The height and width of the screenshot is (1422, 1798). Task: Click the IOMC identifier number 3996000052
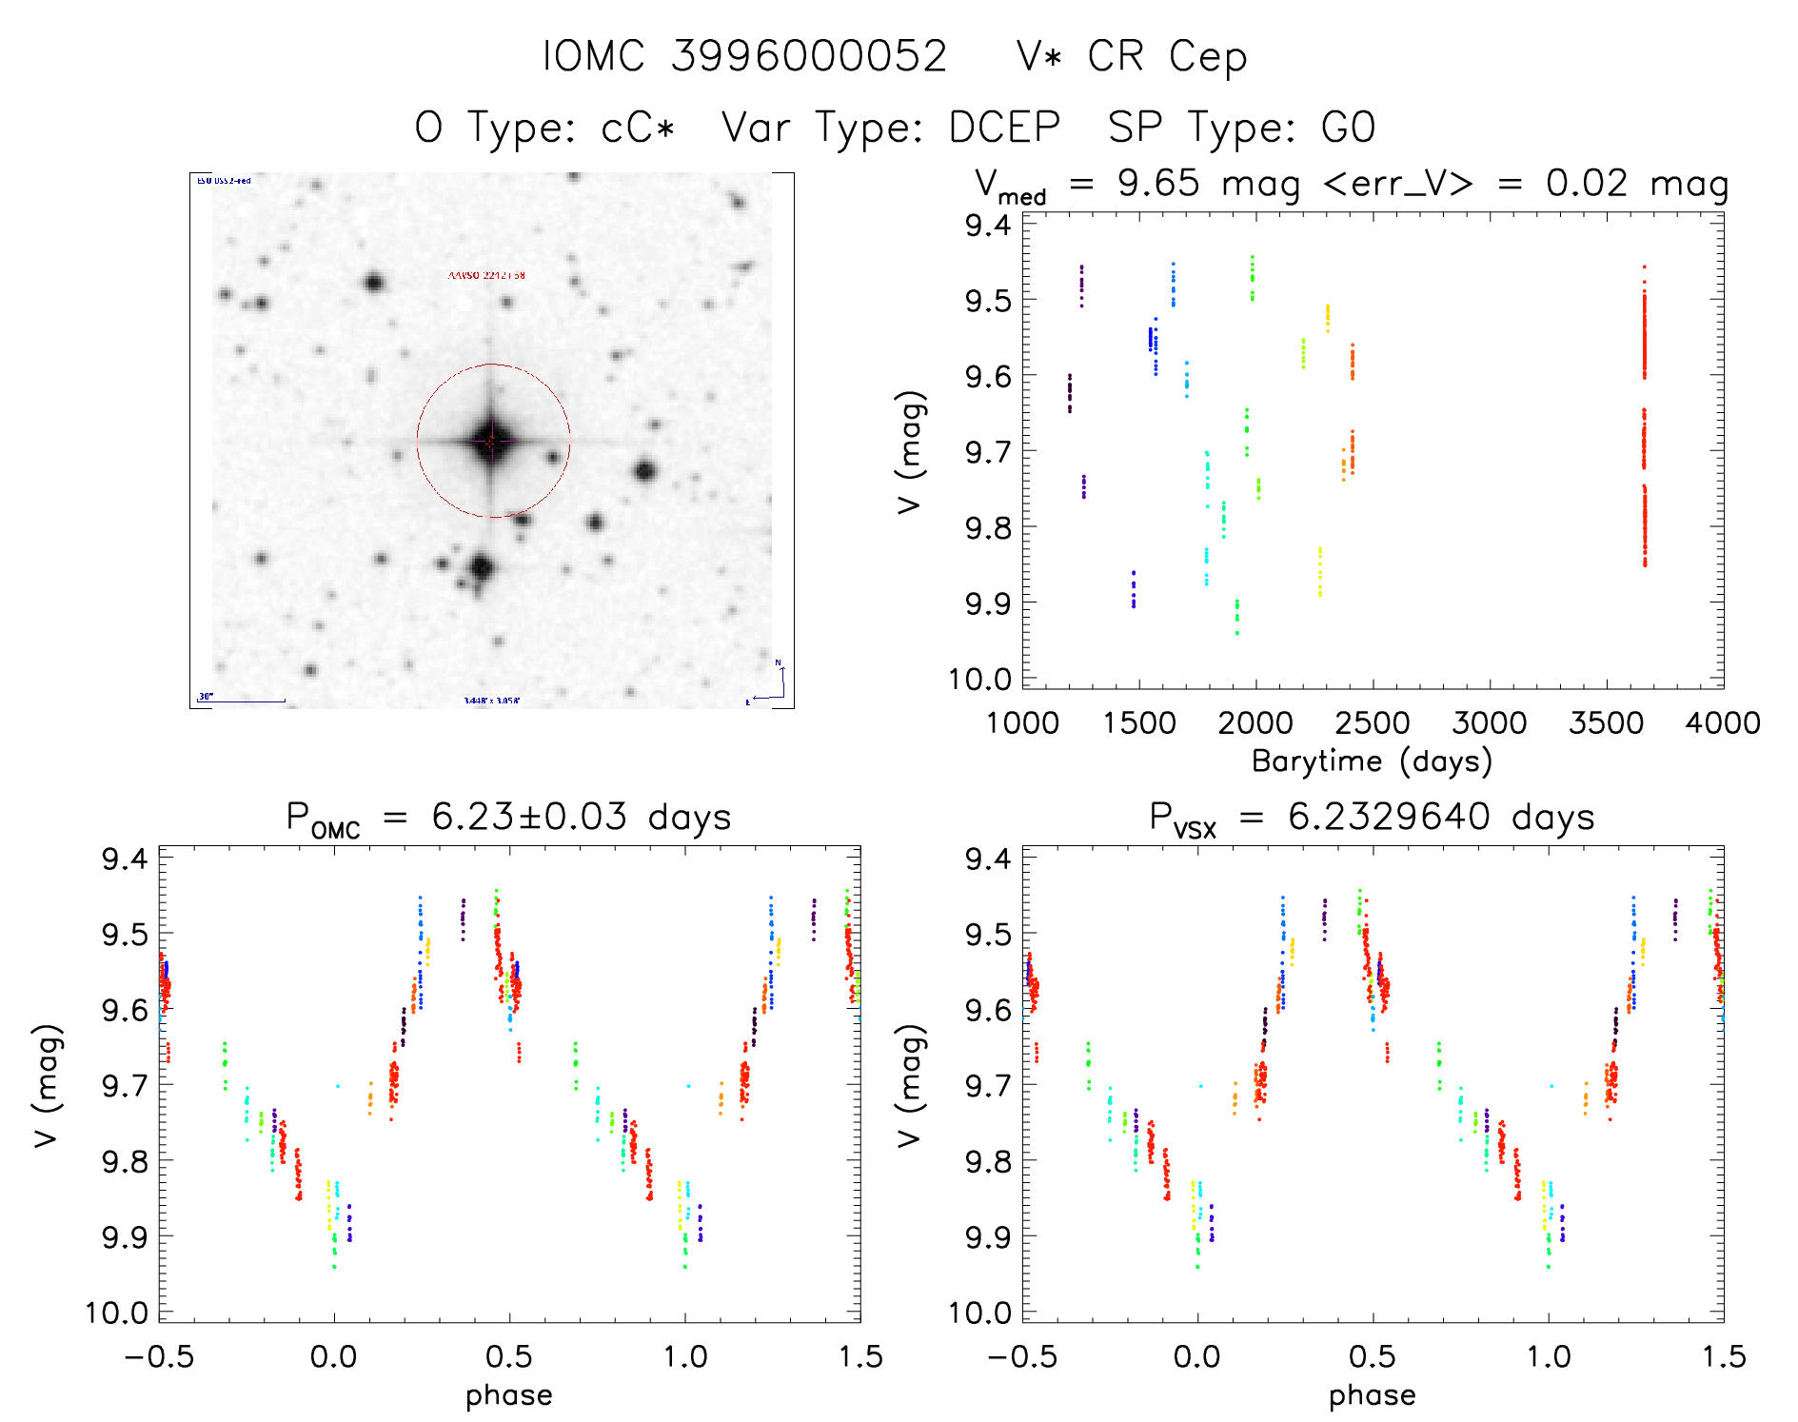809,56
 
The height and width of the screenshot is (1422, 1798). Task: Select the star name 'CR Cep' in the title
1166,57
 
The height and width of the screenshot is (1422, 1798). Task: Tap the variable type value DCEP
1004,128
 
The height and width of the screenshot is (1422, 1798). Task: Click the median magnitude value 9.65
1158,183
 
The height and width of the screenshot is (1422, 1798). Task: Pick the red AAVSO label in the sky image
486,276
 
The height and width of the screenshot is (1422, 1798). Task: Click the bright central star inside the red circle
490,441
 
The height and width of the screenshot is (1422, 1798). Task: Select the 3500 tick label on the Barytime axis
1606,723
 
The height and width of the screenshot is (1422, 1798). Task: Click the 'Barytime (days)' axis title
1372,761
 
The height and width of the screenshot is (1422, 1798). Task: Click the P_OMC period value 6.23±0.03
529,817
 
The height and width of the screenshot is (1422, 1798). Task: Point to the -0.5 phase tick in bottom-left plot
158,1356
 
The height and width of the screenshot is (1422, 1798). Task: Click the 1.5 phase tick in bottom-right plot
1723,1356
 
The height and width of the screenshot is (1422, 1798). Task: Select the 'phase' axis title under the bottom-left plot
508,1395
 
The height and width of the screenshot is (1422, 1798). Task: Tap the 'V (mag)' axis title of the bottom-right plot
910,1085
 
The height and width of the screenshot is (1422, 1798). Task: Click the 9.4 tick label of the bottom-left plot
124,859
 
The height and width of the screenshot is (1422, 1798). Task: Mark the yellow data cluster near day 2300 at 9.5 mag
1328,318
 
